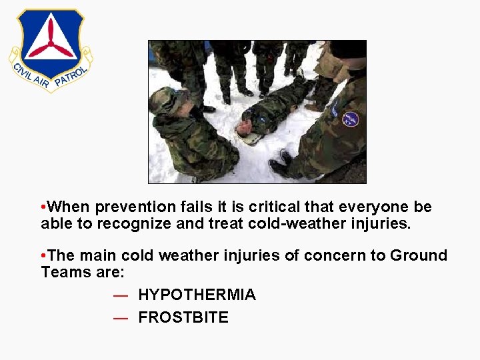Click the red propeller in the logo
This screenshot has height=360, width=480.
tap(51, 41)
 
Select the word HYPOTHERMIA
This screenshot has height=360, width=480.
tap(197, 295)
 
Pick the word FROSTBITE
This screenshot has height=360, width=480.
tap(183, 318)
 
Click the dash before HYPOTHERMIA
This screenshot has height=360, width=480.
tap(121, 295)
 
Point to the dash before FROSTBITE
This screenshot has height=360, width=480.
tap(121, 318)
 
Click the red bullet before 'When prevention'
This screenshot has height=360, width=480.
tap(43, 207)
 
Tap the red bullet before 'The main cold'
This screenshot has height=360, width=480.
tap(43, 256)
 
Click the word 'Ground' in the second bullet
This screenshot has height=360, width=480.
tap(419, 256)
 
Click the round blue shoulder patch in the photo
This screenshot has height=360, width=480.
tap(350, 119)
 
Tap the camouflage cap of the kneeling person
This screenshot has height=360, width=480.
tap(164, 99)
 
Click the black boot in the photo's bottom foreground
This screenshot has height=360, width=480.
tap(280, 166)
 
